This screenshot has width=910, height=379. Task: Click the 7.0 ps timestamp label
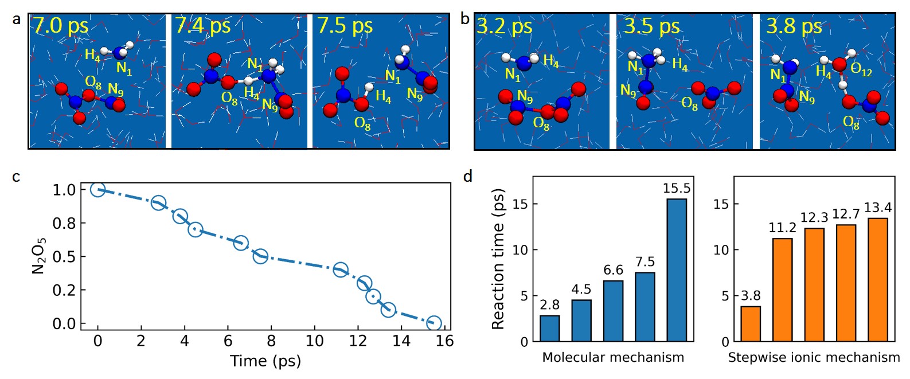click(60, 26)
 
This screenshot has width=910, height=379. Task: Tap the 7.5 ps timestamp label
click(345, 26)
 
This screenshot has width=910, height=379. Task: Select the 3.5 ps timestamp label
click(651, 26)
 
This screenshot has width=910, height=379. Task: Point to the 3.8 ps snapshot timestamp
click(794, 26)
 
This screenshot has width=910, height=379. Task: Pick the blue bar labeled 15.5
click(677, 270)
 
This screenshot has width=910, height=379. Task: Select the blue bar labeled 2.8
click(549, 329)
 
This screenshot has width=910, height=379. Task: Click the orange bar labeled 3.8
click(751, 324)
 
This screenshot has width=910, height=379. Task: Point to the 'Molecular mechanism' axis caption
click(613, 358)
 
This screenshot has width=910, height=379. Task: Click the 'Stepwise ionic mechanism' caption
click(814, 358)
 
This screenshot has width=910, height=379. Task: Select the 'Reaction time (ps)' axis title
click(498, 259)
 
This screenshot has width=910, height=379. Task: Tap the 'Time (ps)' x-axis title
click(265, 361)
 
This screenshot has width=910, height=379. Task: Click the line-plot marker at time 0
click(98, 189)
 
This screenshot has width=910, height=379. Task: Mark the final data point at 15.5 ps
click(434, 323)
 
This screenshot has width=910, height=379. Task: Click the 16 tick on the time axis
click(445, 341)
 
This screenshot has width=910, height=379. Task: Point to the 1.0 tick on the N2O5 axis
click(65, 190)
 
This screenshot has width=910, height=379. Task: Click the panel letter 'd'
click(468, 176)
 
